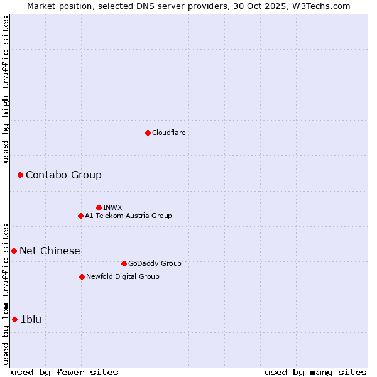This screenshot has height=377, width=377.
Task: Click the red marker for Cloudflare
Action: (148, 133)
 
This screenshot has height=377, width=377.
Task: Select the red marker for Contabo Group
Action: (20, 175)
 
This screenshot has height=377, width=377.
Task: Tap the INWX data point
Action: (99, 207)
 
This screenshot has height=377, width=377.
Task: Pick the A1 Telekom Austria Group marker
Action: (80, 216)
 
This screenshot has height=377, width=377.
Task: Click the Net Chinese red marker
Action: (14, 251)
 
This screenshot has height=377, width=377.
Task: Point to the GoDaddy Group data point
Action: (124, 263)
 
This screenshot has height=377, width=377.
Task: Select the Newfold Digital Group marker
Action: (82, 276)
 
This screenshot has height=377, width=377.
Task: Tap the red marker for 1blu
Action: (14, 319)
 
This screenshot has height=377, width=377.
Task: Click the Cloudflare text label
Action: (168, 133)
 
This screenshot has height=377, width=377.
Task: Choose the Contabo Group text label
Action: (63, 175)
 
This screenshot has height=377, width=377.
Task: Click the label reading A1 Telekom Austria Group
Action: (128, 216)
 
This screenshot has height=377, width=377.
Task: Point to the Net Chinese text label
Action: (50, 251)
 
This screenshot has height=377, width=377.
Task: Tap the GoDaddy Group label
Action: (154, 263)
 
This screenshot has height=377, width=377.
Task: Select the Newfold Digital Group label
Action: (123, 276)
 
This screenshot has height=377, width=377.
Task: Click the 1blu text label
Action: (31, 319)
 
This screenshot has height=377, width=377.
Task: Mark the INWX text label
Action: (112, 207)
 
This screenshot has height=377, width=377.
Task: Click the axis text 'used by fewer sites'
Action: (65, 372)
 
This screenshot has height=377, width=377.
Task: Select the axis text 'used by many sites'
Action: (315, 372)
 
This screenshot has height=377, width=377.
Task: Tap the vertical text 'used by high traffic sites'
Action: (6, 89)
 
